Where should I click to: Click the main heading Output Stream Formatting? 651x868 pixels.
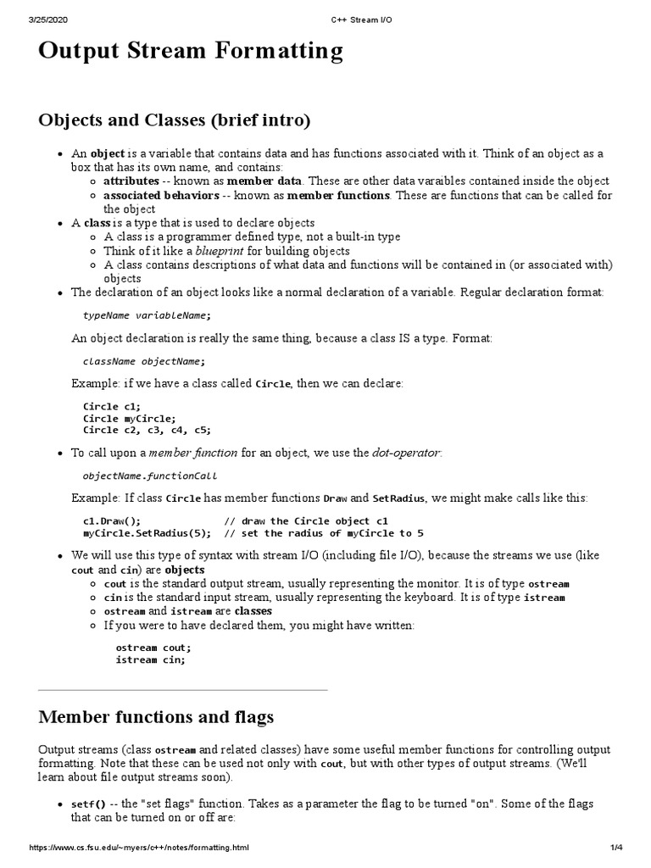[x=191, y=52]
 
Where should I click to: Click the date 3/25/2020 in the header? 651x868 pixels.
[x=25, y=8]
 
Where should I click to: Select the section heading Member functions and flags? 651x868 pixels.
[x=156, y=717]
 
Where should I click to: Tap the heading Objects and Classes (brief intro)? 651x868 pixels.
[x=175, y=120]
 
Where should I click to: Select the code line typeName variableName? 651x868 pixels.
[x=146, y=315]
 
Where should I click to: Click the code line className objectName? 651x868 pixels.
[x=143, y=361]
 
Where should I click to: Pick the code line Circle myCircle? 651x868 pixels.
[x=129, y=418]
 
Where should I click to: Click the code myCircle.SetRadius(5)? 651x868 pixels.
[x=146, y=533]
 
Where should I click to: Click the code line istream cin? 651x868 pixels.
[x=149, y=659]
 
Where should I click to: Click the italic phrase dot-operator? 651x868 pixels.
[x=406, y=453]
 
